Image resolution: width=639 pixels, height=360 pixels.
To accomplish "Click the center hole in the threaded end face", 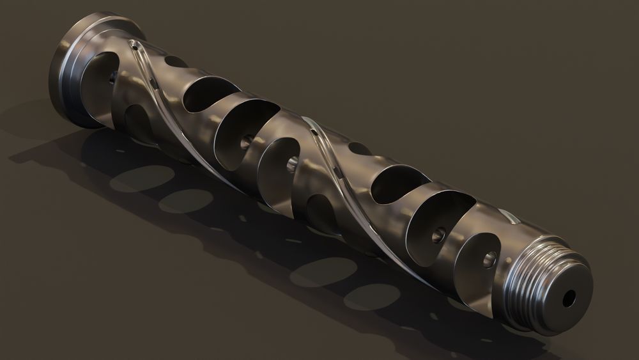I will point(568,298).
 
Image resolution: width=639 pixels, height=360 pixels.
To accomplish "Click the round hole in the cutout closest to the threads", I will point(489,259).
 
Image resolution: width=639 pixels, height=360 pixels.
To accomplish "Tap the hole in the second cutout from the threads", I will point(438,235).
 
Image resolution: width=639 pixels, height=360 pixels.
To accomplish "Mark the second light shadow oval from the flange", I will point(186,201).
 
